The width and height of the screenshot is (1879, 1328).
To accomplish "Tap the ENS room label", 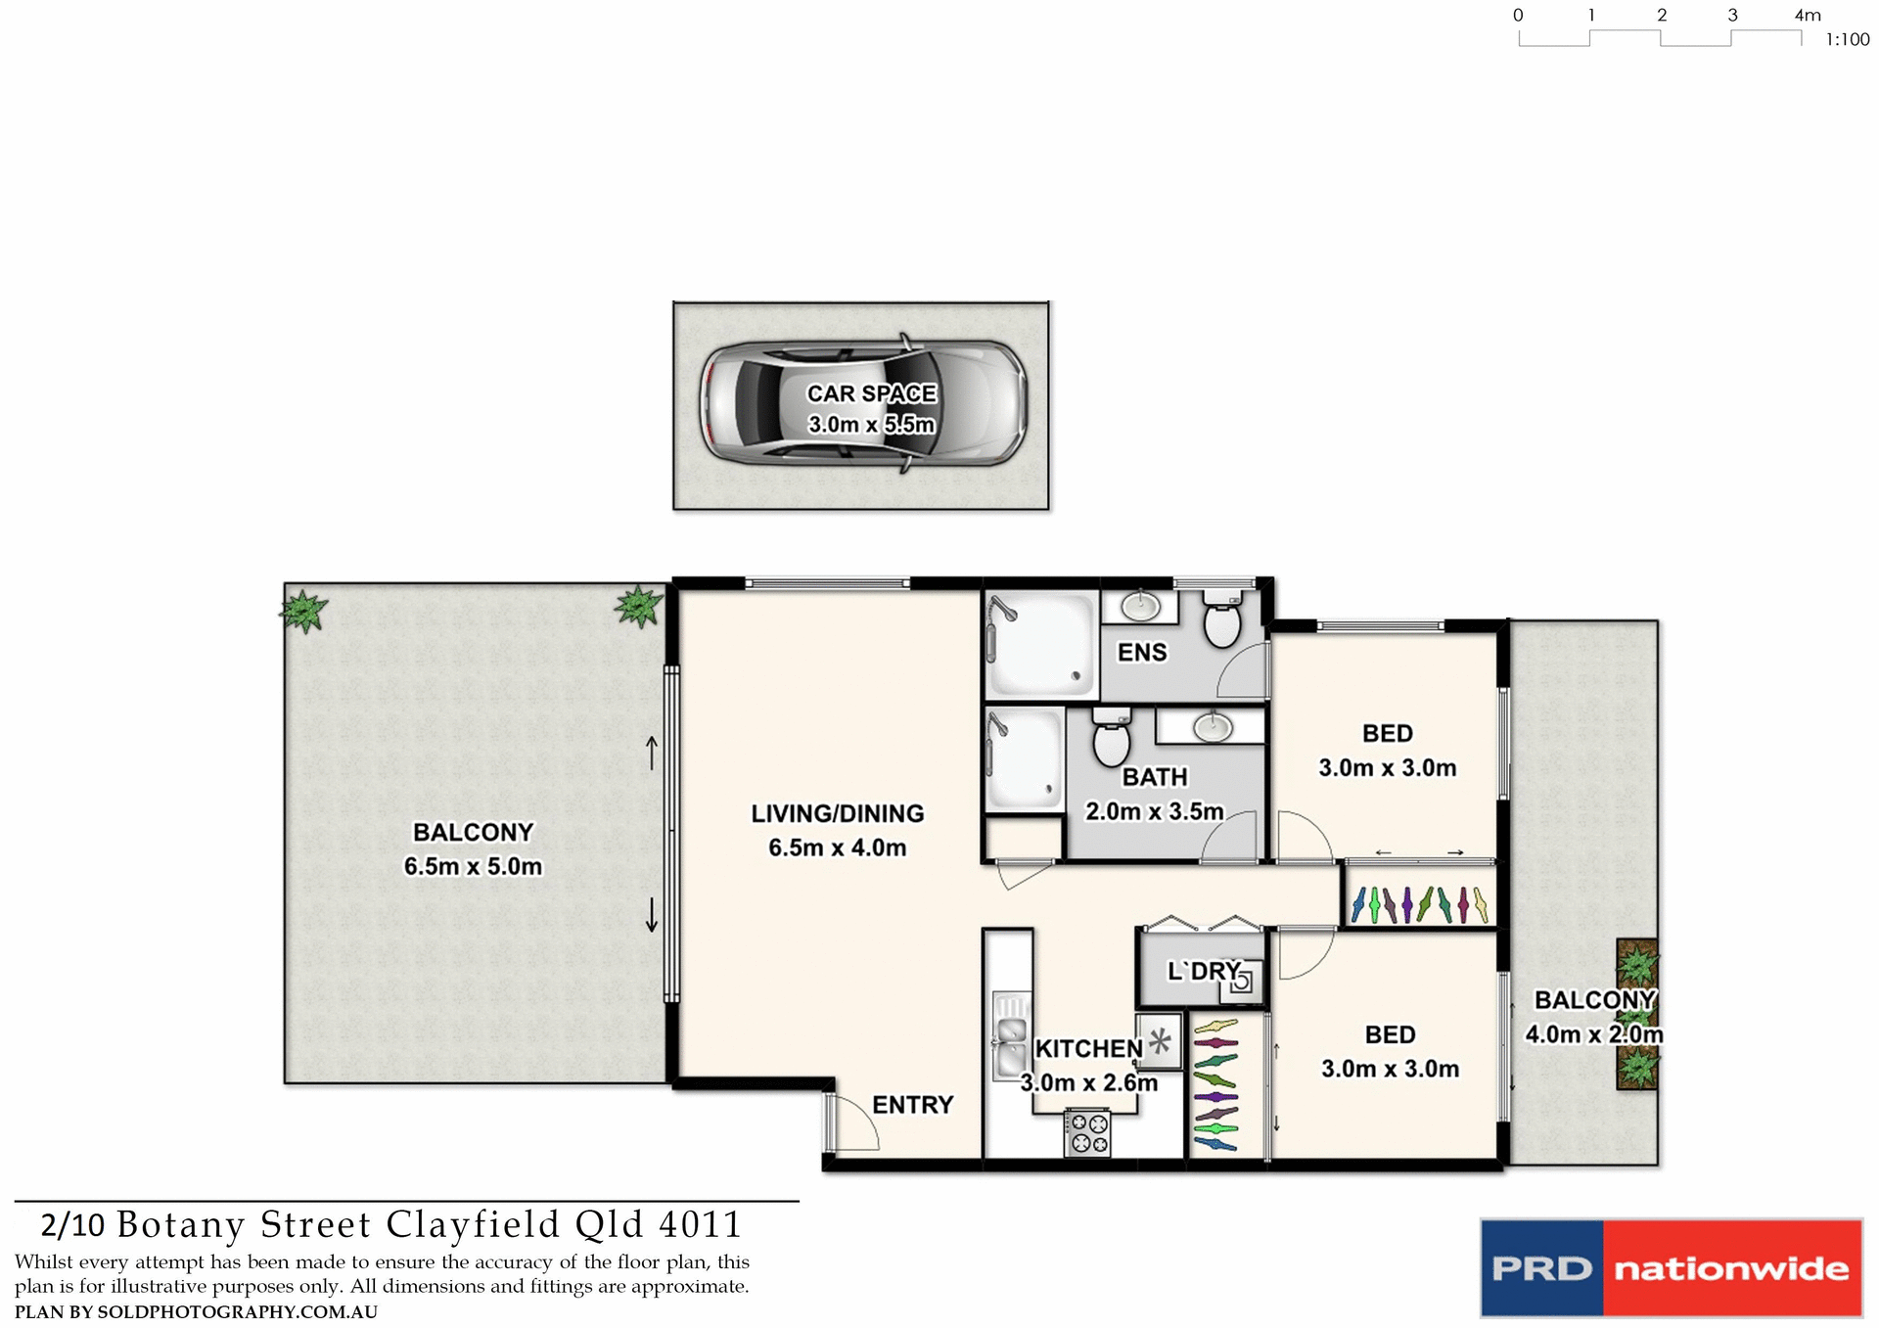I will point(1142,653).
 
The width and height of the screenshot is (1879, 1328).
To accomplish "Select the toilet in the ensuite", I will point(1221,621).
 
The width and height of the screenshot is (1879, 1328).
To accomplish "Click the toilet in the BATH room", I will point(1111,739).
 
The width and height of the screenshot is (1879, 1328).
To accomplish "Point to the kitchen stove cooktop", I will point(1088,1133).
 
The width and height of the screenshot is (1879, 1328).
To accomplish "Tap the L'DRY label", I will point(1203,972).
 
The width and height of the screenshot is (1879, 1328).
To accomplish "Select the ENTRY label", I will point(912,1105).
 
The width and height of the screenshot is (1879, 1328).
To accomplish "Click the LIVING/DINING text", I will point(837,813).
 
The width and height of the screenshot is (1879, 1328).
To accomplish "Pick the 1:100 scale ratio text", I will point(1847,40).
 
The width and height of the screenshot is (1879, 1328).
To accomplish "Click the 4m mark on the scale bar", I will point(1807,16).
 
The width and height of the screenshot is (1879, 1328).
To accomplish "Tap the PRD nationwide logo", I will point(1670,1267).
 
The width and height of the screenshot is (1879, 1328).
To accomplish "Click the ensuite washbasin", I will point(1140,608).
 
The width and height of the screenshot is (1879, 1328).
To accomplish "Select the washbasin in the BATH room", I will point(1213,726).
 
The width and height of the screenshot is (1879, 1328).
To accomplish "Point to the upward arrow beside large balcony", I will point(652,753).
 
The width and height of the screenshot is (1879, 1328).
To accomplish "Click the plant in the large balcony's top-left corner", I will point(303,611).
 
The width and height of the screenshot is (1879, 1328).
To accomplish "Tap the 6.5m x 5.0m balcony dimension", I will point(473,866).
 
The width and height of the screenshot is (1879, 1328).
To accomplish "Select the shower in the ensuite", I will point(1040,644).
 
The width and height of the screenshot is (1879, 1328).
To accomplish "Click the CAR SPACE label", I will point(871,393).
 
